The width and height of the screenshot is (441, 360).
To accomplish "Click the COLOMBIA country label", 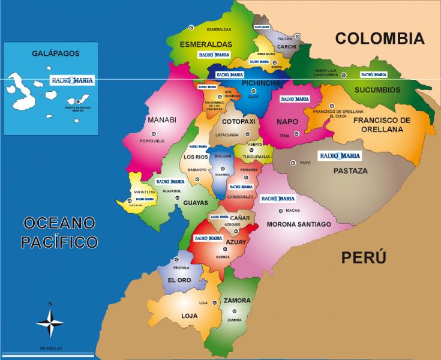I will click(379, 39).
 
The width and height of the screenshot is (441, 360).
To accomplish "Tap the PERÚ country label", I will click(364, 258).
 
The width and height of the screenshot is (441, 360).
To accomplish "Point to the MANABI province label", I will click(161, 120).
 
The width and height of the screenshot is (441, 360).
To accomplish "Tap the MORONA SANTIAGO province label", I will click(299, 224).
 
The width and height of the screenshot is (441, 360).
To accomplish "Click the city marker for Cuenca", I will click(225, 250).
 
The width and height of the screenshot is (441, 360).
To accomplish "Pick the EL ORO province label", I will click(179, 280).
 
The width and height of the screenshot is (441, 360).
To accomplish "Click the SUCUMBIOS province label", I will click(378, 90).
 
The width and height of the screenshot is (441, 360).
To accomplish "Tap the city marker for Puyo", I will click(293, 163).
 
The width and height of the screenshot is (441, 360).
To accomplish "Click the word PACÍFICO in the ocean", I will click(59, 242).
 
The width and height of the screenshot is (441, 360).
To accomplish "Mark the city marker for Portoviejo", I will click(151, 134).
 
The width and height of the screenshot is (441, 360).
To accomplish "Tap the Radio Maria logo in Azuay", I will click(206, 238).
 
